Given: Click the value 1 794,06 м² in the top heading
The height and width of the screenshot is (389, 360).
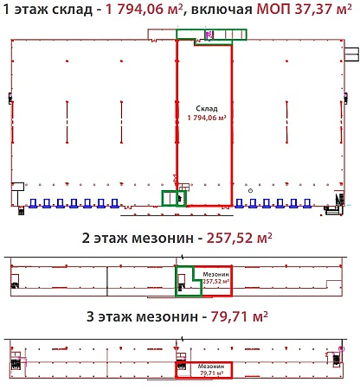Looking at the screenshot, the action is click(x=144, y=9).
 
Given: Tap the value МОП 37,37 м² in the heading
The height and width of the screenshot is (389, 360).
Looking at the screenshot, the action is click(x=304, y=9).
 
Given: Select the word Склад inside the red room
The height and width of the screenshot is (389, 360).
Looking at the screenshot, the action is click(x=207, y=109).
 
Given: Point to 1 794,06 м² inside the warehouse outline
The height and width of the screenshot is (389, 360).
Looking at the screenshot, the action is click(x=207, y=118).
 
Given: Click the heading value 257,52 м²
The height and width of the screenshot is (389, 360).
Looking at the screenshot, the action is click(x=239, y=238).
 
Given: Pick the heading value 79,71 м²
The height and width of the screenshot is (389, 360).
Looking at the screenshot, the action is click(x=239, y=316).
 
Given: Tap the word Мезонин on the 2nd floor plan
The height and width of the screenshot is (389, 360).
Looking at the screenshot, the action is click(x=215, y=275).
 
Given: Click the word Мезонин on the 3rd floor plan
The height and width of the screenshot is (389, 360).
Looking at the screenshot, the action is click(x=211, y=367).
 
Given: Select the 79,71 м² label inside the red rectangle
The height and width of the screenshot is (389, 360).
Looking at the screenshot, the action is click(x=211, y=373).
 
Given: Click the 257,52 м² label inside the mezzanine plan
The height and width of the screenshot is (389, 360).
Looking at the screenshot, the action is click(x=216, y=281).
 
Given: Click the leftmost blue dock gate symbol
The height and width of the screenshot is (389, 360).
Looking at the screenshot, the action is click(x=33, y=203).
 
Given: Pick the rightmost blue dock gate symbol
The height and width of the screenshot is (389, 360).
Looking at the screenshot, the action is click(x=307, y=203).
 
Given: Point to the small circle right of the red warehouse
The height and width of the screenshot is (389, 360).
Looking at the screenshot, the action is click(x=250, y=191).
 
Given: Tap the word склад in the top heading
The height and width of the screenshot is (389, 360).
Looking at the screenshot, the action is click(x=72, y=10).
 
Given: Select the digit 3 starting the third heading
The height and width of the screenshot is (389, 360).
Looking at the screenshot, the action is click(x=90, y=316).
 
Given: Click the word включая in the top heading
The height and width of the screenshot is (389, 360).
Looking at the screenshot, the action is click(x=222, y=10).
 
